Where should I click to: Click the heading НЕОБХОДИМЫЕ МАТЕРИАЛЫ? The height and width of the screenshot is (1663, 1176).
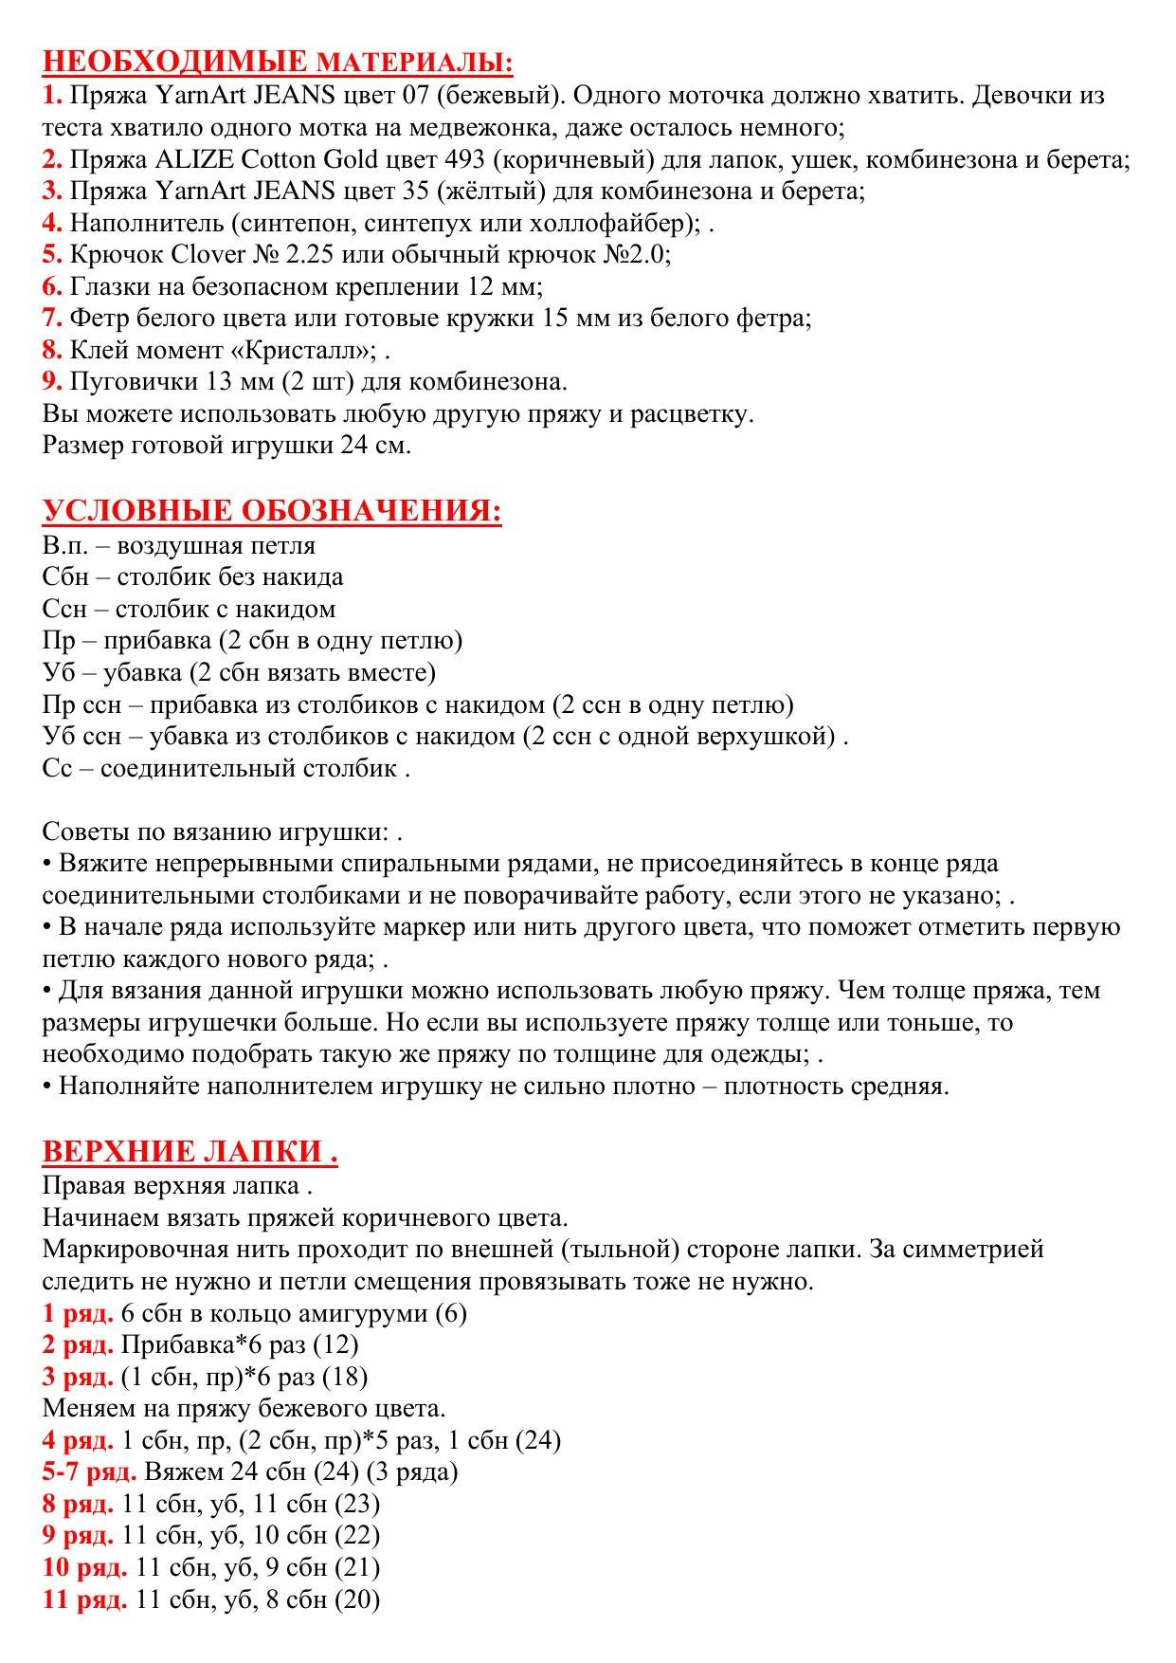(278, 62)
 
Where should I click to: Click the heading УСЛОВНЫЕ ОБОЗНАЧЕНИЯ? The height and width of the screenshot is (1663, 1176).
(271, 511)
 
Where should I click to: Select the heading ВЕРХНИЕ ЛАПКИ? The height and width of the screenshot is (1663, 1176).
(190, 1151)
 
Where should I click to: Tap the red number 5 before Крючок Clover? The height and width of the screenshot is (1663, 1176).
(51, 254)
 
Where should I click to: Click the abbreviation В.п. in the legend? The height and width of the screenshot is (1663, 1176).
(63, 545)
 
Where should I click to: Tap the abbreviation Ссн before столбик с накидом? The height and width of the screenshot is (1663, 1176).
(64, 609)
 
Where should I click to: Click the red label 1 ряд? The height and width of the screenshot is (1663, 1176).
(78, 1313)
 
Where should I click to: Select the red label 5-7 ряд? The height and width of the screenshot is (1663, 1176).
(89, 1471)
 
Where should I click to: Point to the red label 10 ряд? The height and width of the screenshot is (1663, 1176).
(84, 1567)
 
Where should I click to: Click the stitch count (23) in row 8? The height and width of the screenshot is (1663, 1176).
(357, 1504)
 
